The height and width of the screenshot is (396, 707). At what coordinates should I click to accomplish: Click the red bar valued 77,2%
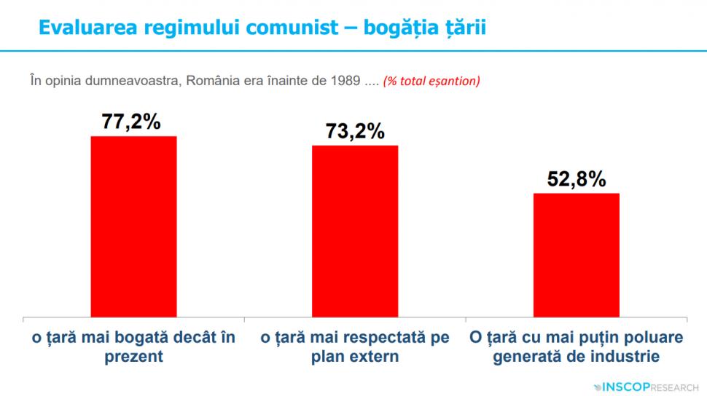click(133, 226)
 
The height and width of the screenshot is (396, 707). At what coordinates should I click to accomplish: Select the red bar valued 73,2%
click(355, 231)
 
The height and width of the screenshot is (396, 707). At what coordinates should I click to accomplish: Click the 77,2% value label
click(131, 122)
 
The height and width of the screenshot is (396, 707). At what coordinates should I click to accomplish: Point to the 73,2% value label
click(354, 131)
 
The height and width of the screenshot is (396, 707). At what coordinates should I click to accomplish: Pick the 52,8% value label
click(577, 179)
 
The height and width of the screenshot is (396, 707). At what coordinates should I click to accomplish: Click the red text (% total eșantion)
click(431, 80)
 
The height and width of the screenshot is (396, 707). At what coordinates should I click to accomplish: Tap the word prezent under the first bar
click(133, 357)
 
